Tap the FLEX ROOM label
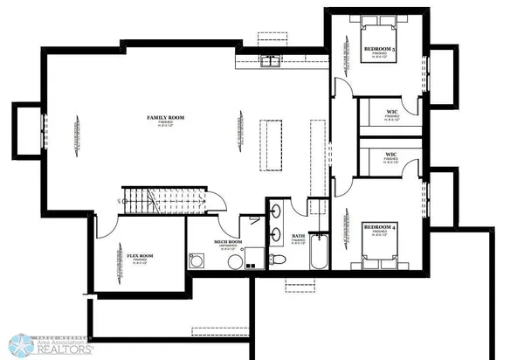click(140, 255)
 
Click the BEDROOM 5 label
click(381, 49)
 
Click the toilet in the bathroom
click(278, 260)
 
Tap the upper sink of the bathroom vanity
click(276, 212)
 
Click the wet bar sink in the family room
click(268, 60)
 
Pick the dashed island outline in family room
click(273, 146)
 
